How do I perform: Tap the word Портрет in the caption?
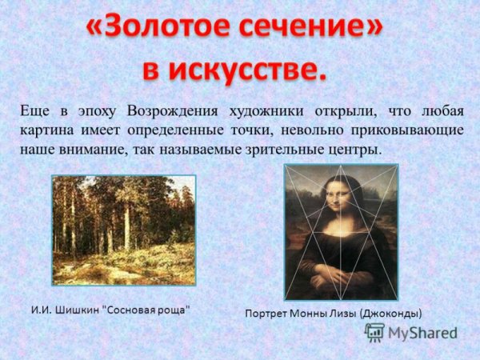tap(266, 314)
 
